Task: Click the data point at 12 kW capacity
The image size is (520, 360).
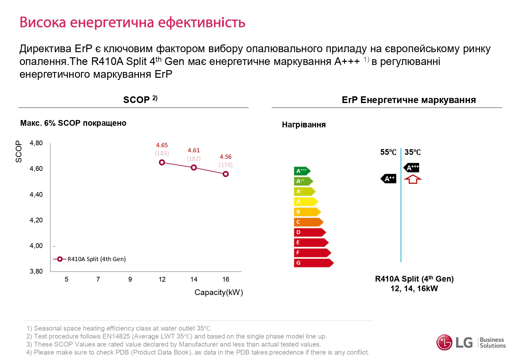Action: coord(162,163)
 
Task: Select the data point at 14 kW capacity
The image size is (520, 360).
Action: coord(194,168)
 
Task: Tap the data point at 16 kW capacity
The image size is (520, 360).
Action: coord(226,174)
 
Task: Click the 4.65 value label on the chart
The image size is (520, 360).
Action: coord(162,145)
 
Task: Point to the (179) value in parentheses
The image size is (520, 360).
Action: coord(226,165)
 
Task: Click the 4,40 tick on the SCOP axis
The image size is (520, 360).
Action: coord(36,195)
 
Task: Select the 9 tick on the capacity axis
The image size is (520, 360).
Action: coord(130,279)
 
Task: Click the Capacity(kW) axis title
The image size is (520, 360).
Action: coord(219,292)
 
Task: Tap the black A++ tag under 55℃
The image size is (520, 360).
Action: coord(388,179)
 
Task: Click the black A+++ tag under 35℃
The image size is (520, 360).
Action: coord(412,168)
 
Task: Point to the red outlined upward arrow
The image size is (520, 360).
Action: coord(413,179)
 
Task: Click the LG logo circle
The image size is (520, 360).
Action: coord(444,343)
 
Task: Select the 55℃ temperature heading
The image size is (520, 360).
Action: coord(388,152)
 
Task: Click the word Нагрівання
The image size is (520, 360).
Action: coord(304,125)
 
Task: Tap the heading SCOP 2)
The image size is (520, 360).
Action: coord(140,100)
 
